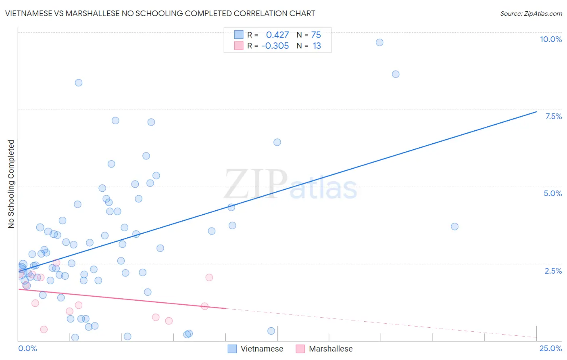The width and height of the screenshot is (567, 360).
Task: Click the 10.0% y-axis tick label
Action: click(x=550, y=39)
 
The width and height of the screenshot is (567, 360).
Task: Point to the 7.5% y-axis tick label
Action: click(x=553, y=116)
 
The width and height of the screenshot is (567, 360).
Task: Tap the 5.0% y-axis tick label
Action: click(x=552, y=193)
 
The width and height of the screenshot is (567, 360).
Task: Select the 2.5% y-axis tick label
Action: click(x=553, y=271)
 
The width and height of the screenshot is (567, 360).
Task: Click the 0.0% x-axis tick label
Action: click(x=27, y=348)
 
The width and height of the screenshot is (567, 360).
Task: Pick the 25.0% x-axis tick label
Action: click(x=550, y=348)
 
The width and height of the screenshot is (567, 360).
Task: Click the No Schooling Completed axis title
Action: click(x=11, y=184)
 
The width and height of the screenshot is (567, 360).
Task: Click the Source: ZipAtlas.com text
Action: click(x=531, y=13)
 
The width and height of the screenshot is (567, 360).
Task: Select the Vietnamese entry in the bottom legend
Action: click(x=262, y=349)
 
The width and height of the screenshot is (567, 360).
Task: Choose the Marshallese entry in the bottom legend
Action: click(x=330, y=349)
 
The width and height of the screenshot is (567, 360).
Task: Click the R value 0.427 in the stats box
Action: click(x=277, y=35)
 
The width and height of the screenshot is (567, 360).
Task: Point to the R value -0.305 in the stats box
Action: click(x=275, y=46)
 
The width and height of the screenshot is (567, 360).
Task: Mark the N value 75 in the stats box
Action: click(x=316, y=35)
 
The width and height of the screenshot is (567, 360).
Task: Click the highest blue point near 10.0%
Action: click(x=379, y=42)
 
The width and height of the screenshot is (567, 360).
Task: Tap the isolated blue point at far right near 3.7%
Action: click(x=454, y=226)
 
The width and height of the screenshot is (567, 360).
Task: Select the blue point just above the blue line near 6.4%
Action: click(x=277, y=142)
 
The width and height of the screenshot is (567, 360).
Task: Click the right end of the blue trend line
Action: click(x=536, y=112)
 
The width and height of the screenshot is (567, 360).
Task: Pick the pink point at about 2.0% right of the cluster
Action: click(x=209, y=277)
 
